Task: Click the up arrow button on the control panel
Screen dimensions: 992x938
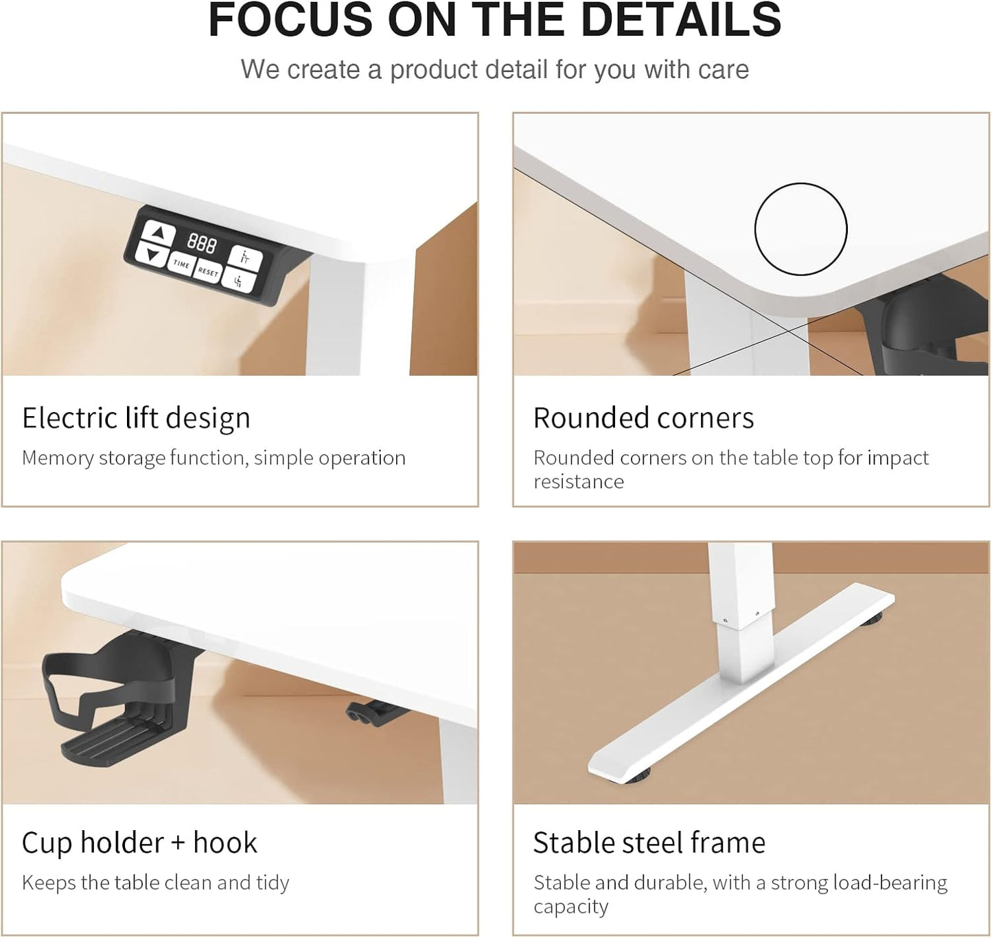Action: [159, 233]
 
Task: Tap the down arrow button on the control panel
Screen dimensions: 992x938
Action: [151, 255]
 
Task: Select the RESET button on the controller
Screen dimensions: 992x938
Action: [208, 272]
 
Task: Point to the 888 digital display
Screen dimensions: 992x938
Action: [202, 244]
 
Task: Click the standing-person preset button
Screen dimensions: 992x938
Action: [245, 258]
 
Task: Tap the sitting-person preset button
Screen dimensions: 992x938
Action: [239, 281]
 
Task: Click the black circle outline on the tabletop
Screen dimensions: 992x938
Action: [800, 184]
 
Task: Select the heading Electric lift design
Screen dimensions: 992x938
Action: [136, 418]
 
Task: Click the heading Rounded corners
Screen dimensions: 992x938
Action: [643, 418]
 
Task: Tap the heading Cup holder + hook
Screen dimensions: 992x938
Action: [139, 843]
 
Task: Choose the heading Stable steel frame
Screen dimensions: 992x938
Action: [649, 843]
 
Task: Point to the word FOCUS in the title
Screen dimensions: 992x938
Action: [290, 20]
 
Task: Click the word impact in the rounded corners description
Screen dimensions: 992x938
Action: [898, 459]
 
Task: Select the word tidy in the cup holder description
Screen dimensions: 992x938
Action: [273, 883]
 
